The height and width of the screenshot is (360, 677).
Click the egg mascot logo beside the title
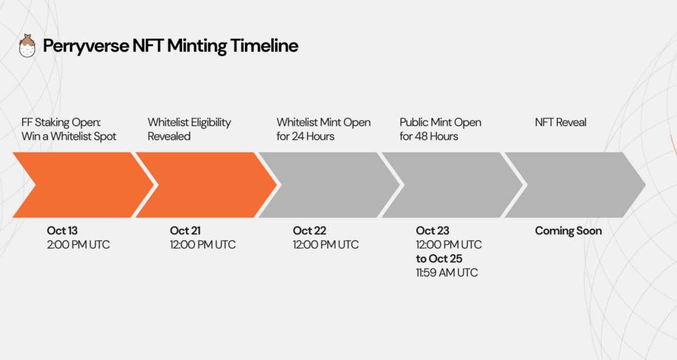point(27,45)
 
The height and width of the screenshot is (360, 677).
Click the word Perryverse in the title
point(86,46)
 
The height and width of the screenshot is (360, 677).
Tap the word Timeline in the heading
point(264,45)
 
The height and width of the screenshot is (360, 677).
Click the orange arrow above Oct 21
point(206,185)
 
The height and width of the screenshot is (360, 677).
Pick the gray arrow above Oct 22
point(329,185)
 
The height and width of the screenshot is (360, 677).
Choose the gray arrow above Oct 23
point(452,185)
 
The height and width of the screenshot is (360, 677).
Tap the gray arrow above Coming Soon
point(575,185)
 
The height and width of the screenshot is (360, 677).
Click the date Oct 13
point(62,230)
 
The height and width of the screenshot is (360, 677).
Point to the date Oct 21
point(185,230)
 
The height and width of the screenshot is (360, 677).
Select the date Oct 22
point(309,230)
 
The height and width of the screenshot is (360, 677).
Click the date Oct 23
point(433,230)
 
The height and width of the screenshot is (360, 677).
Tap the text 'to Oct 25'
point(439,259)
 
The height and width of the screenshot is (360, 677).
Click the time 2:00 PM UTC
point(78,245)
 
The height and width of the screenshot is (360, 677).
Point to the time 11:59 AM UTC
point(447,273)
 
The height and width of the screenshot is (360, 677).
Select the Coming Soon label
point(569,230)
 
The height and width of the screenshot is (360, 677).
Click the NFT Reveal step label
point(561,122)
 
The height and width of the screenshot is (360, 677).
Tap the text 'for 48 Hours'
point(429,136)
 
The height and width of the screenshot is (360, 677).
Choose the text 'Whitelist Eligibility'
point(189,123)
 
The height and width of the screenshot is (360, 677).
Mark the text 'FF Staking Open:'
point(61,123)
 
